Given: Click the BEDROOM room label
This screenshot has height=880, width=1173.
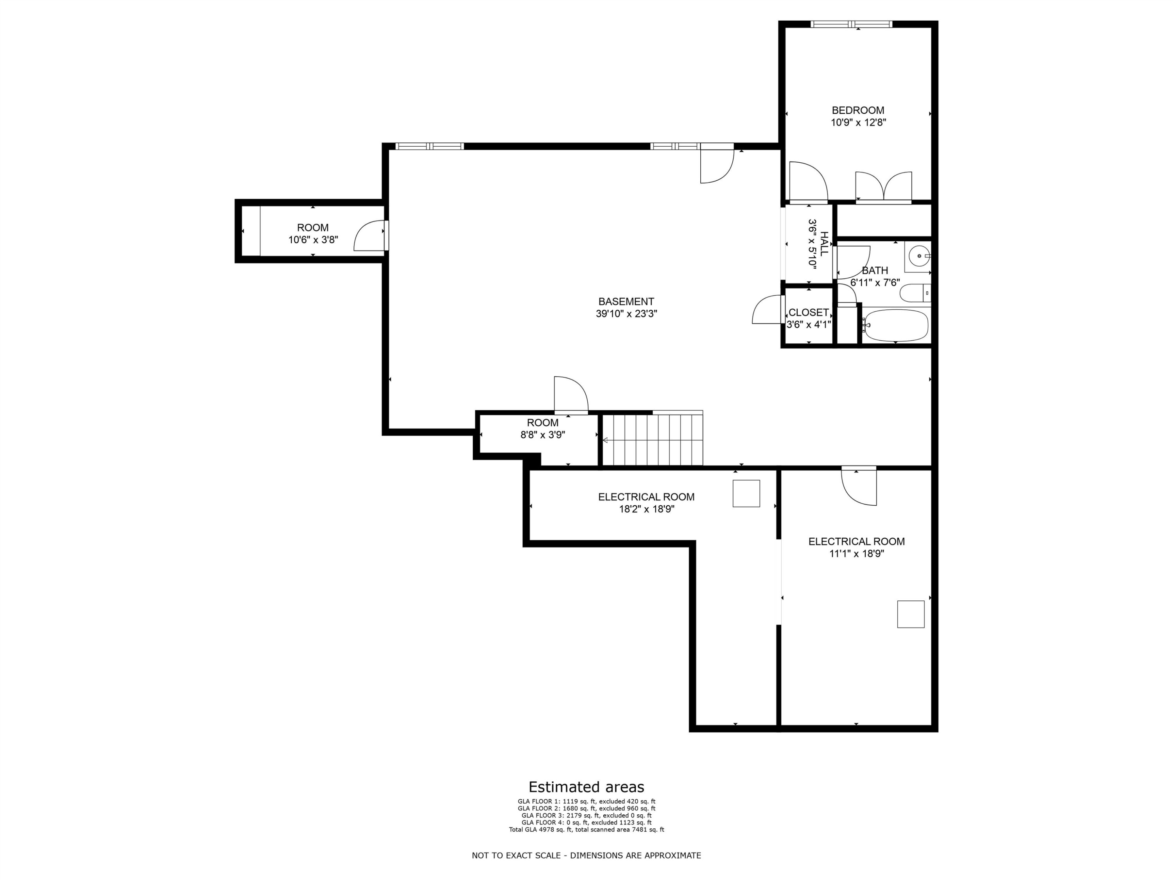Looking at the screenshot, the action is coord(858,110).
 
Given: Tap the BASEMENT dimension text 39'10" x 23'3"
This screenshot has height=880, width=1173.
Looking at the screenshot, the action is coord(626,314).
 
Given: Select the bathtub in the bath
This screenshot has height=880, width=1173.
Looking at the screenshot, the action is coord(895,325).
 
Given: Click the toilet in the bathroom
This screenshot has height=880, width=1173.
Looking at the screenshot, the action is coord(915,293).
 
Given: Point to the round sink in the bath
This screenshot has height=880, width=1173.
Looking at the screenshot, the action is coord(919,256).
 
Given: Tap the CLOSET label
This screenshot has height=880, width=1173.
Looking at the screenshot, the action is coord(808,312).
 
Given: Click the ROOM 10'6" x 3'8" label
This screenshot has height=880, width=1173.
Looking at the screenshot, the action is coord(313,233).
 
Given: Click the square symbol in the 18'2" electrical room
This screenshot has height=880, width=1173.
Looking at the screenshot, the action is coord(746,493).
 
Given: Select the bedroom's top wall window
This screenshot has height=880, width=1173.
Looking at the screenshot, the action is coord(852,24).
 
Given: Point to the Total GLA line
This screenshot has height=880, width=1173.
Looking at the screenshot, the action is coord(586,830).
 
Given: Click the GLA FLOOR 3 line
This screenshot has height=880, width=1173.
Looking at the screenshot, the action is coord(586,815).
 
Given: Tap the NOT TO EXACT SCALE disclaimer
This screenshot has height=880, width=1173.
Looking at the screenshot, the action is coord(586,855).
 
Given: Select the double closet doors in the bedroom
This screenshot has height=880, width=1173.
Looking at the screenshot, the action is coord(883,187).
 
